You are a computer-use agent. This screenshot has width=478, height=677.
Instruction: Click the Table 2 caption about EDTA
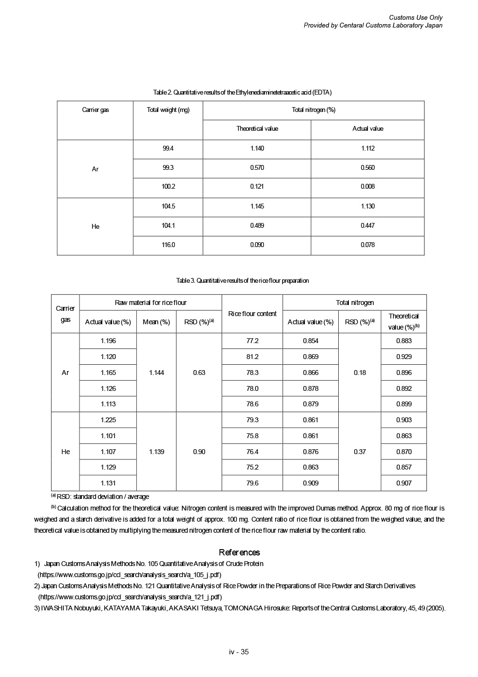[242, 92]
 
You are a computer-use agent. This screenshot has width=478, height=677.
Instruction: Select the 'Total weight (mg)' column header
[168, 110]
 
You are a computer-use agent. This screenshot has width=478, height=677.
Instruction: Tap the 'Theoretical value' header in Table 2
[257, 129]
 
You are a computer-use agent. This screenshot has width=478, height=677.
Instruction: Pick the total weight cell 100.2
[168, 187]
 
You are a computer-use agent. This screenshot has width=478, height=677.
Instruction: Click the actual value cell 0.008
[367, 187]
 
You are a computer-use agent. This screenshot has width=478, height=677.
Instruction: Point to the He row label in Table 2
[95, 226]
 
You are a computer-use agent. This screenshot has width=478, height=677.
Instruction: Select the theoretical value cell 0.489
[257, 225]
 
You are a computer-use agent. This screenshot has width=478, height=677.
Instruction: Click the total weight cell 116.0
[168, 245]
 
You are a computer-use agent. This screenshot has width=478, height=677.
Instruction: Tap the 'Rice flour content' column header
[252, 314]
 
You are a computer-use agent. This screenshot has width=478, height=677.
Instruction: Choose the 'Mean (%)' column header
[156, 322]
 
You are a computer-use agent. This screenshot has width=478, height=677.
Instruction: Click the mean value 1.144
[156, 373]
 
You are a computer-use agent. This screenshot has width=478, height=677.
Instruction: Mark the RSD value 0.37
[359, 452]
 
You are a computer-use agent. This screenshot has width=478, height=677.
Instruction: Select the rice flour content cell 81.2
[252, 357]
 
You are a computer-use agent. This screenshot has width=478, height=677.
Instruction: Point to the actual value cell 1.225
[108, 420]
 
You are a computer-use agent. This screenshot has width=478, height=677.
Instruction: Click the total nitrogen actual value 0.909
[310, 483]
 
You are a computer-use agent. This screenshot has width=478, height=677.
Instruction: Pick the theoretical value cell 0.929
[404, 357]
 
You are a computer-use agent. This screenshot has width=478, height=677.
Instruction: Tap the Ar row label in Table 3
[66, 373]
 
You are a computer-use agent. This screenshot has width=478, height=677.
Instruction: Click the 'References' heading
[239, 553]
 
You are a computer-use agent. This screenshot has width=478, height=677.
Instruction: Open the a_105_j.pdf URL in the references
[130, 575]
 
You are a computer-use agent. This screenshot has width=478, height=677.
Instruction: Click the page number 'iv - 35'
[239, 652]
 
